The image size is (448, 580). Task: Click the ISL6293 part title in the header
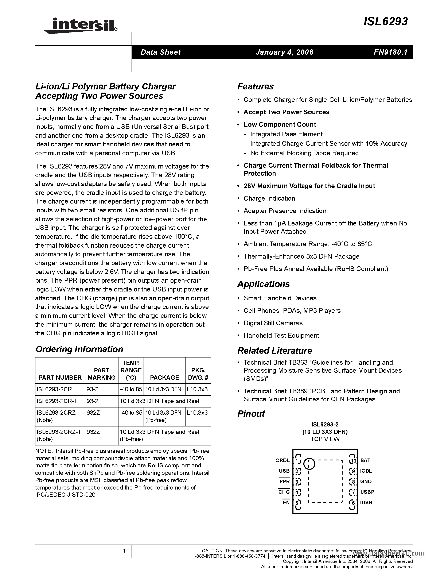(385, 22)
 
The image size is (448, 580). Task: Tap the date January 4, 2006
(284, 52)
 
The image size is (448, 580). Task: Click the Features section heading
(255, 86)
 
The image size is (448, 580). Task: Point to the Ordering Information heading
(79, 349)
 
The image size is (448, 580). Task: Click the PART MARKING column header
(102, 374)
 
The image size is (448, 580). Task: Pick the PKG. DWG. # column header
(198, 374)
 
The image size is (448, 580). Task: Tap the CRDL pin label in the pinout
(282, 460)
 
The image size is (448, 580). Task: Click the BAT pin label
(365, 460)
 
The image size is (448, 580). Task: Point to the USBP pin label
(367, 492)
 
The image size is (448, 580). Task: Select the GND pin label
(366, 482)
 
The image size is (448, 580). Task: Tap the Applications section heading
(263, 284)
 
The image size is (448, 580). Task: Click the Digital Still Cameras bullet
(273, 323)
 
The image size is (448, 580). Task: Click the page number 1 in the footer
(124, 551)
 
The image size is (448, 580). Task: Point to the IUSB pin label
(366, 502)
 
